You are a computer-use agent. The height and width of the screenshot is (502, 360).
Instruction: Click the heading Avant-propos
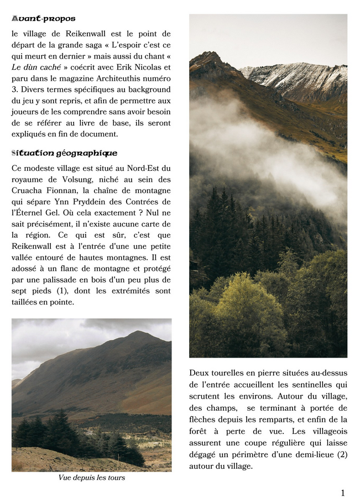pyautogui.click(x=44, y=19)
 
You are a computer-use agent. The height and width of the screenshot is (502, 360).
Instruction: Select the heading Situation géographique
pyautogui.click(x=64, y=153)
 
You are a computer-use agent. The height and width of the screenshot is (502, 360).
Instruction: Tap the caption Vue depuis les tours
pyautogui.click(x=92, y=478)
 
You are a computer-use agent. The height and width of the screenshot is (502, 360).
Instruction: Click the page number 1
pyautogui.click(x=343, y=493)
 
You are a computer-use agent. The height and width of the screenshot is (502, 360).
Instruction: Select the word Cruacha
pyautogui.click(x=27, y=191)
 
